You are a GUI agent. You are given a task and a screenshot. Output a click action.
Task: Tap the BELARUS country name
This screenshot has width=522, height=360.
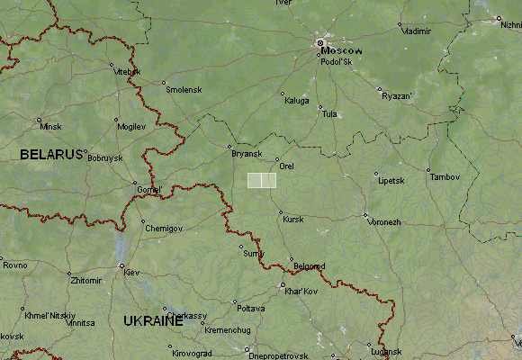(52, 155)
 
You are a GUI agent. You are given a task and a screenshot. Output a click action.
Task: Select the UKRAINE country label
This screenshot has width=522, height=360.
(153, 321)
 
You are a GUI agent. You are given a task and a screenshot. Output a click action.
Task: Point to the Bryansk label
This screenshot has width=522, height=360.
(246, 154)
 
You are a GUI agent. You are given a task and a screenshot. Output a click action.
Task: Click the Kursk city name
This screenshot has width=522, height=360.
(292, 219)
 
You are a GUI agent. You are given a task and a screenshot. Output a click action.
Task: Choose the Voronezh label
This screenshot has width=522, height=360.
(383, 221)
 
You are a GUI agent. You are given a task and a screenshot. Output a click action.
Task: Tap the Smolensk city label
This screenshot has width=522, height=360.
(184, 90)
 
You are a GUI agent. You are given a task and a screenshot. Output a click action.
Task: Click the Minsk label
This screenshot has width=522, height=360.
(50, 127)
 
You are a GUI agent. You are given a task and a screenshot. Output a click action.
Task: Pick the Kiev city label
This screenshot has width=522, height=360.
(130, 272)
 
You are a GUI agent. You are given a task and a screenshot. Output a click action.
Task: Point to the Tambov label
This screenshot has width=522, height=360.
(445, 177)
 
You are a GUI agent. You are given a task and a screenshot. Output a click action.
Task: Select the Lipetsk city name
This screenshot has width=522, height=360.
(391, 181)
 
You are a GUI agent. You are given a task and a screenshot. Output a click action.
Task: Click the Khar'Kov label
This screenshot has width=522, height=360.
(301, 292)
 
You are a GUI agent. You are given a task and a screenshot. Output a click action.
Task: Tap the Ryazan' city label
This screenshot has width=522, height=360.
(396, 95)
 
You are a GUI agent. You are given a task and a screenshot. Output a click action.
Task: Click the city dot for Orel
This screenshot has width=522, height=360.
(277, 160)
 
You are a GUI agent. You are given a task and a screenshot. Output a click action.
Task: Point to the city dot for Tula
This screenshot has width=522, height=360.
(320, 108)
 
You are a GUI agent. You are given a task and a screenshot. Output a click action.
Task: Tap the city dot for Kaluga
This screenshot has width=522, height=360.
(283, 94)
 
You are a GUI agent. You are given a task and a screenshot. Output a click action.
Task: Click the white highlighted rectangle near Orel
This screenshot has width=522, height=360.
(262, 180)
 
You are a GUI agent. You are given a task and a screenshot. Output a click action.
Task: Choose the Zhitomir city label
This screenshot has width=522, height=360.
(85, 281)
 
